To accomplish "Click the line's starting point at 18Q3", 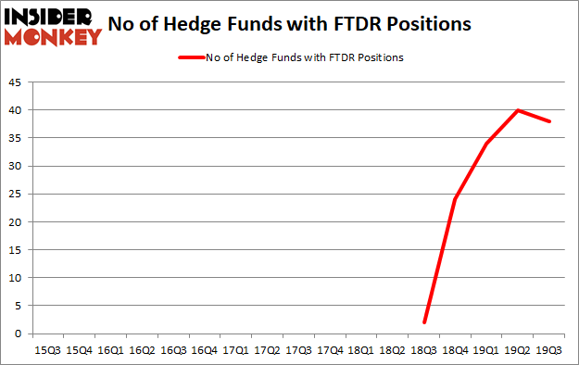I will point(425,322).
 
